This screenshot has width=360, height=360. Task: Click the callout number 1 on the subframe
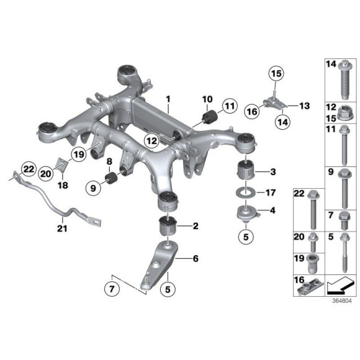(167, 99)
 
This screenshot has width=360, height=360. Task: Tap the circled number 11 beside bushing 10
(230, 107)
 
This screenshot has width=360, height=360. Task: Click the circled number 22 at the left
(27, 168)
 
